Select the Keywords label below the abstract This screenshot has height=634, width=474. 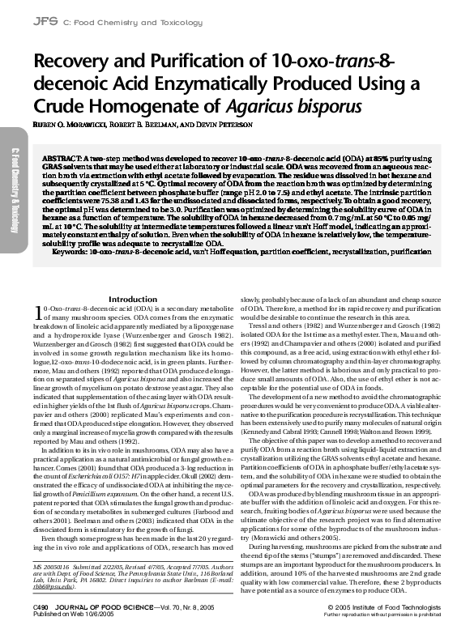[83, 252]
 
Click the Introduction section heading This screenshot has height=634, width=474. [132, 277]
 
